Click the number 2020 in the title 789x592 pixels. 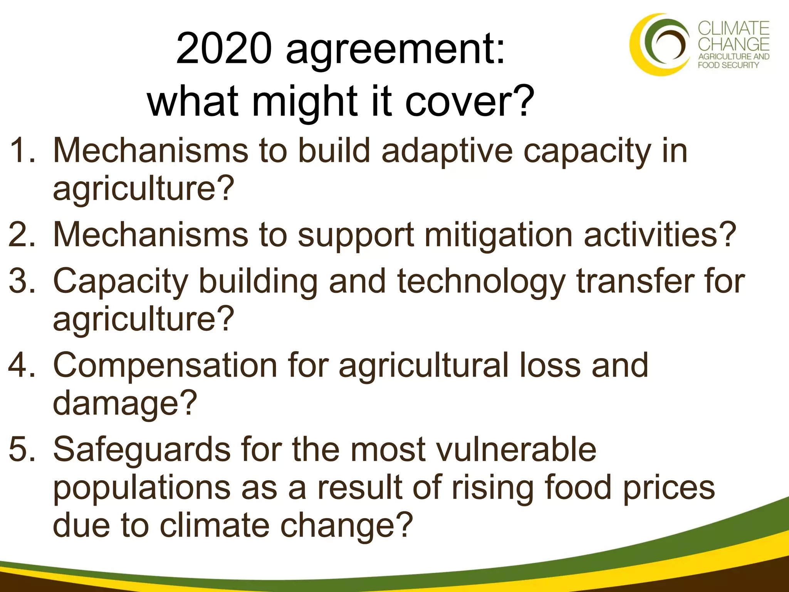(x=223, y=49)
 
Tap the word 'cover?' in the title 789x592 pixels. (x=470, y=101)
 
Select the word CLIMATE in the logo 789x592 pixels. (x=734, y=29)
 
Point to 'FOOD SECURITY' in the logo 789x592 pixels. (x=728, y=65)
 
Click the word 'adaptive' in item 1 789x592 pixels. (x=447, y=151)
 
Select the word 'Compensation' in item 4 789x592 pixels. (x=165, y=365)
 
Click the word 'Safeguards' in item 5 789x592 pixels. (x=142, y=450)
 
